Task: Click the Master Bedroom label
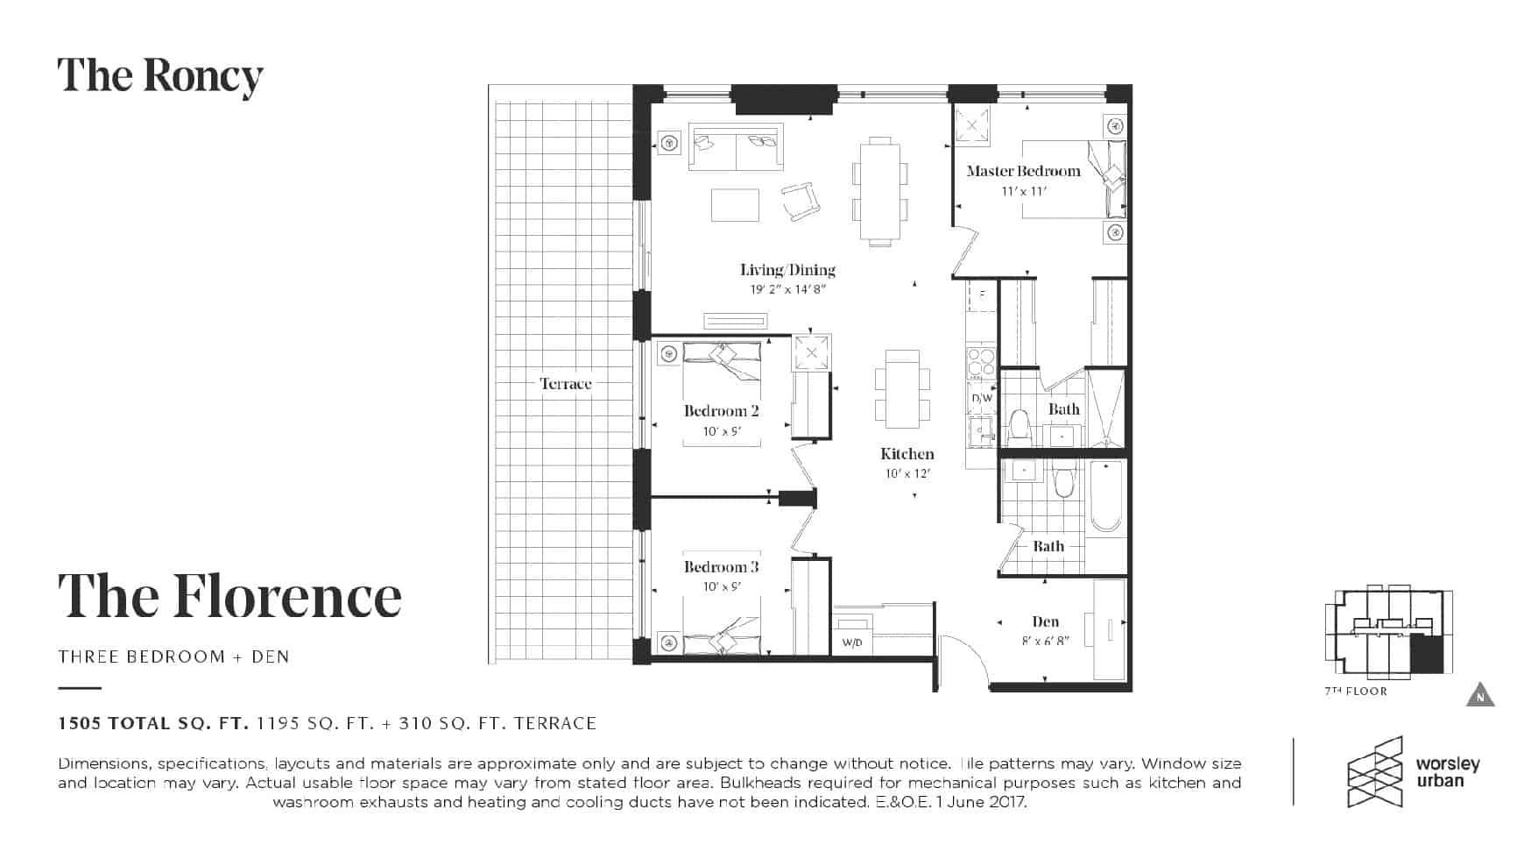(x=1023, y=171)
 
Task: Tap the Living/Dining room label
(x=787, y=270)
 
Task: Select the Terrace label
(x=566, y=384)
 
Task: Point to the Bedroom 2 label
(x=722, y=411)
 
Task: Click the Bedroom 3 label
(x=722, y=567)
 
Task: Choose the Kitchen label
(x=907, y=454)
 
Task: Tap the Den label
(x=1046, y=621)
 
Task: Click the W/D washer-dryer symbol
(x=852, y=635)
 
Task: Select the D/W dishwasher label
(x=982, y=398)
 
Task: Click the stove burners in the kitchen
(x=982, y=363)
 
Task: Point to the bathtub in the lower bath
(x=1105, y=496)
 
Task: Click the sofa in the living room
(x=736, y=147)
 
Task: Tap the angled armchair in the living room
(x=801, y=202)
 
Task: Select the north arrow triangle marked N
(x=1480, y=694)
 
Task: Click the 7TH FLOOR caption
(x=1356, y=692)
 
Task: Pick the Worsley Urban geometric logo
(x=1375, y=771)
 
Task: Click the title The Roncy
(x=160, y=76)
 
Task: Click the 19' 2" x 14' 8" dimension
(x=788, y=290)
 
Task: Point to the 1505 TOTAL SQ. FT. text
(x=154, y=723)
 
